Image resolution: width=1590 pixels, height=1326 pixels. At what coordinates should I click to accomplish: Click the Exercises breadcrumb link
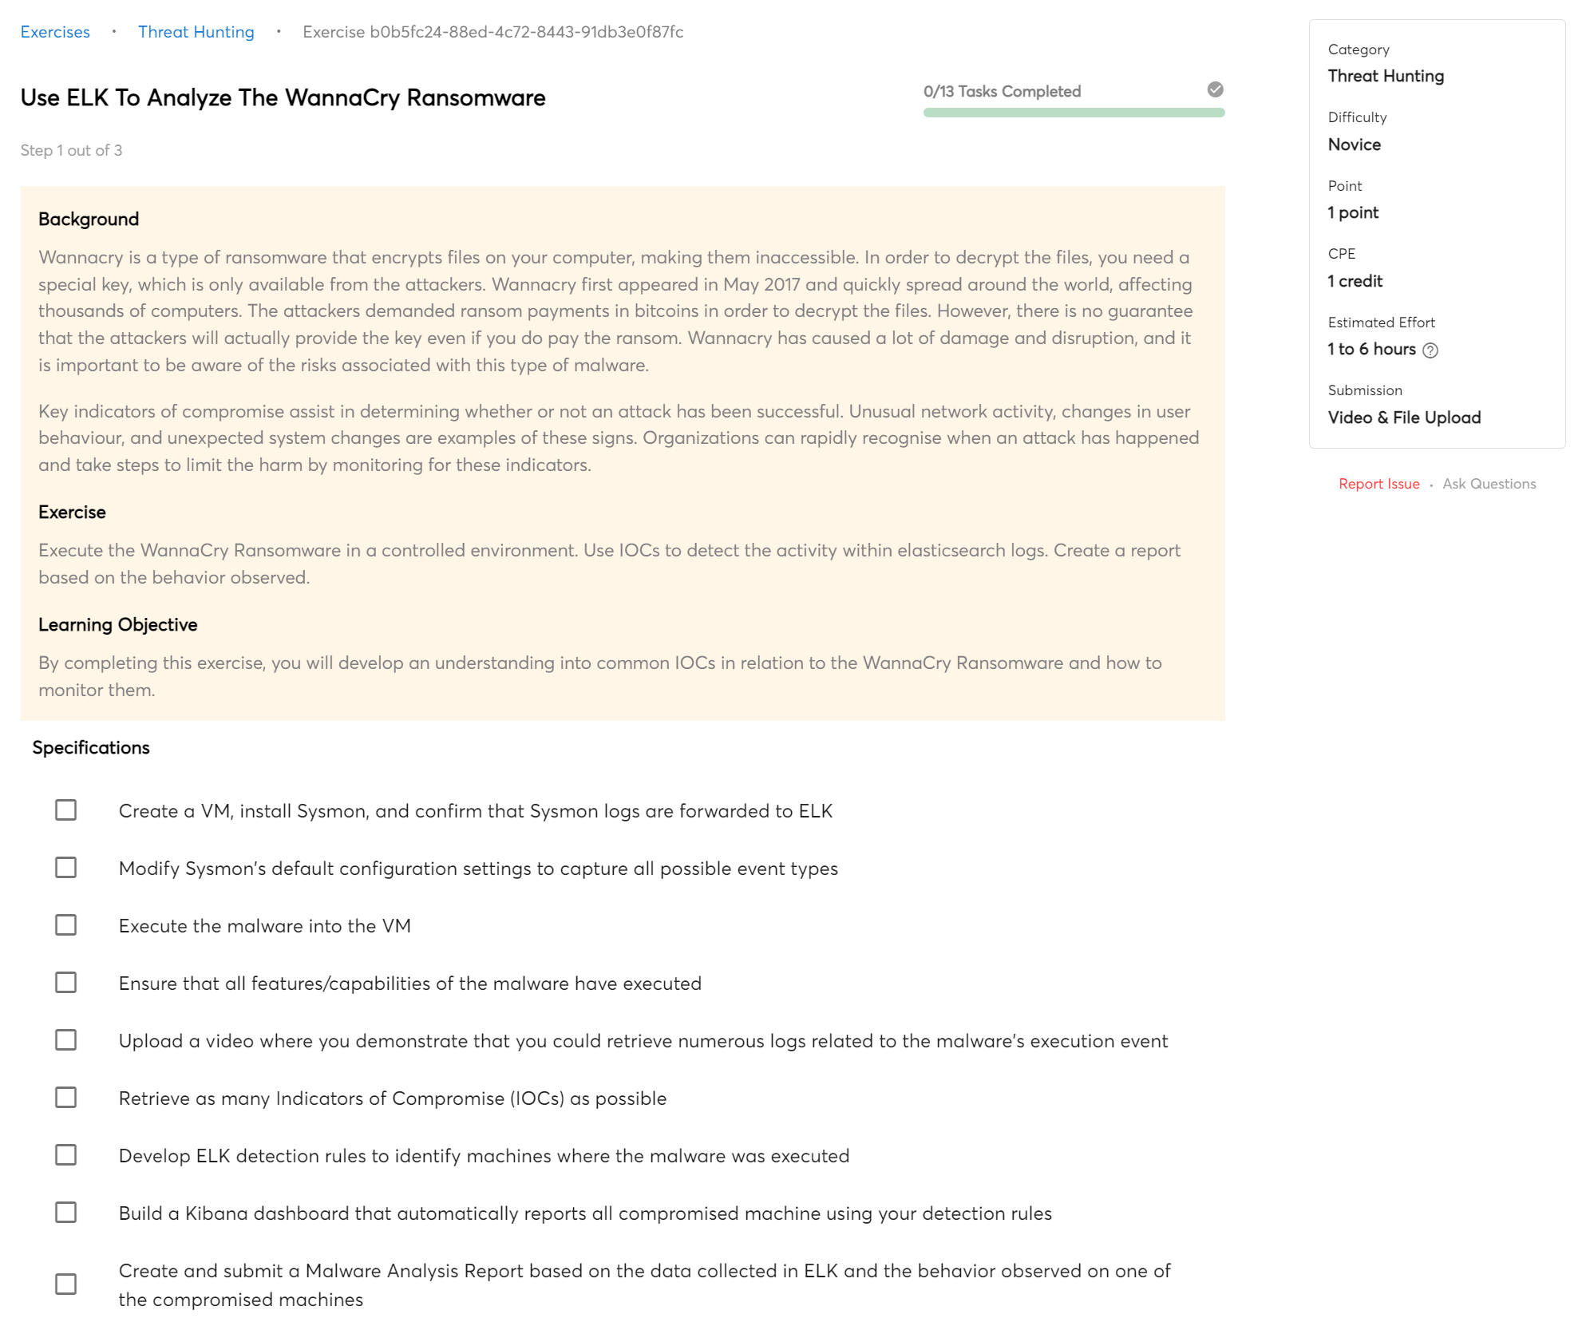55,32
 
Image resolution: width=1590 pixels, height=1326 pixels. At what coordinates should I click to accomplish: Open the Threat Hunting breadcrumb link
196,32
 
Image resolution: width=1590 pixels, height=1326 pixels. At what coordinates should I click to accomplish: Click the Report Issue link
1378,484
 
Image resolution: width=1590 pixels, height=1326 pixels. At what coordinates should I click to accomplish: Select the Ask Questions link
1489,484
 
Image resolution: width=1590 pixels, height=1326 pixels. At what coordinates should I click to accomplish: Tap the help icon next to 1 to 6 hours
1430,350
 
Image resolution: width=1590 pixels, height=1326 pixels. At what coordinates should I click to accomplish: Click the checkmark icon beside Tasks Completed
1215,89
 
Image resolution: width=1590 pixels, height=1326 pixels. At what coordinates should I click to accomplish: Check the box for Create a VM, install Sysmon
65,810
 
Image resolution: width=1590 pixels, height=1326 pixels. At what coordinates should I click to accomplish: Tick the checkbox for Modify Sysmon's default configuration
65,868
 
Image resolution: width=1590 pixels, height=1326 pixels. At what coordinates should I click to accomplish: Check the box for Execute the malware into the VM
65,925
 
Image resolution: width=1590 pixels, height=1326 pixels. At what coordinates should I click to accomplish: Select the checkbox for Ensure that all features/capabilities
65,983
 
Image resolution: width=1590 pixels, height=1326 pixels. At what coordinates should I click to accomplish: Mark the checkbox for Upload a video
65,1040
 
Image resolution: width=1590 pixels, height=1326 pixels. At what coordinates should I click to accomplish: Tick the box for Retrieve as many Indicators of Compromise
65,1098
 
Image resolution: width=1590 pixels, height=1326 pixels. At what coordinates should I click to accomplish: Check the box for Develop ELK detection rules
65,1155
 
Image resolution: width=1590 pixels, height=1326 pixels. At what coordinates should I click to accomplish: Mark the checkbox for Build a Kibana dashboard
65,1213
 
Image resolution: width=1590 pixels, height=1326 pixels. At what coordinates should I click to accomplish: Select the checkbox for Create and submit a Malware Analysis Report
65,1284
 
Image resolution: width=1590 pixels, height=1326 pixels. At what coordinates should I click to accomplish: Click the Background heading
89,220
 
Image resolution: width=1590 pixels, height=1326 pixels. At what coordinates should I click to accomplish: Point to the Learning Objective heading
117,625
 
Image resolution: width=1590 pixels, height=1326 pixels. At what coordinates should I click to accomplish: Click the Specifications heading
91,748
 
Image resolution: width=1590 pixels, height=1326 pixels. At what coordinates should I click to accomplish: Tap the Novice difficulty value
1354,144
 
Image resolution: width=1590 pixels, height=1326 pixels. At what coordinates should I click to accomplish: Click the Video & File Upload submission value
1404,418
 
